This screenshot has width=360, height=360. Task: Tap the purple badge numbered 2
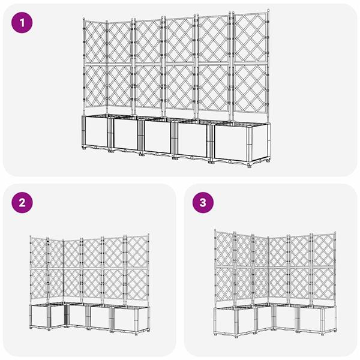coord(23,203)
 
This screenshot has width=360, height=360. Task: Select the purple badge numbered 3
coord(203,203)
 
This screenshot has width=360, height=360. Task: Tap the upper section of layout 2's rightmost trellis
coord(136,251)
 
